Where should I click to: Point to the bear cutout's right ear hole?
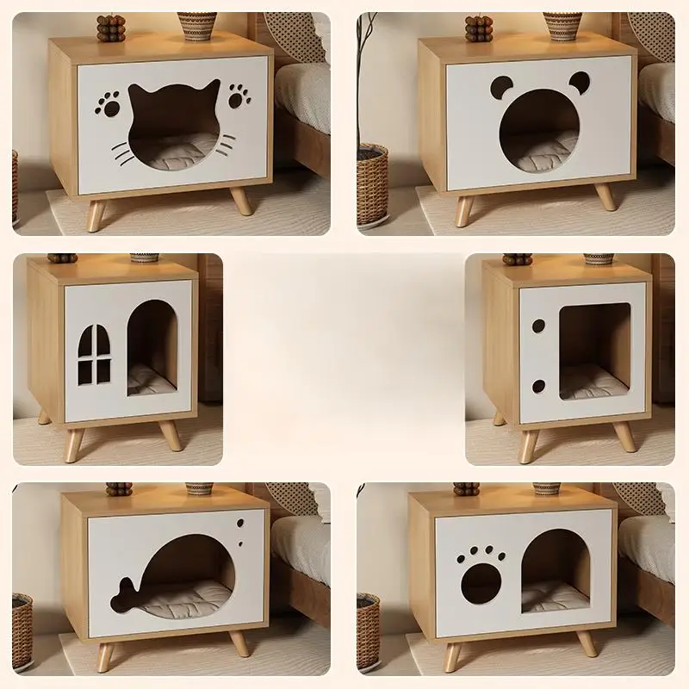pos(579,83)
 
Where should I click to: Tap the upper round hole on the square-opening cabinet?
pos(538,326)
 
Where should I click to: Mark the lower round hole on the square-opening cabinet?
pos(538,386)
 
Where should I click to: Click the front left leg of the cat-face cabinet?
pos(96,215)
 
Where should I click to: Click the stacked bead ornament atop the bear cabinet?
pos(478,28)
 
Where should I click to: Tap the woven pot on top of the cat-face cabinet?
pos(197,26)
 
